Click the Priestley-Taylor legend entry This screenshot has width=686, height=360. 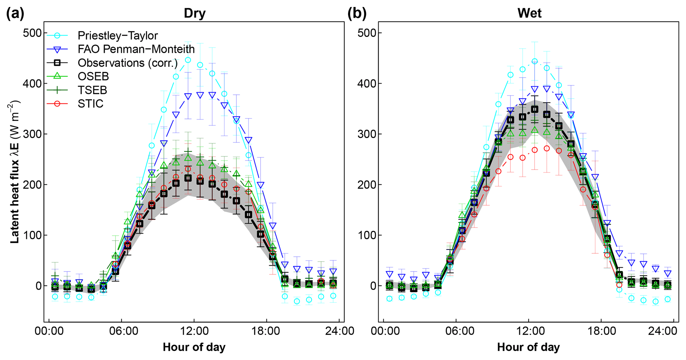click(x=117, y=36)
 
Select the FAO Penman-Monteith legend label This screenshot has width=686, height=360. click(x=136, y=49)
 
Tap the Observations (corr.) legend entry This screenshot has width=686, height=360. click(x=127, y=63)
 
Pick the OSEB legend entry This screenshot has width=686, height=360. click(x=93, y=76)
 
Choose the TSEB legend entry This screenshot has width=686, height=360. click(x=92, y=90)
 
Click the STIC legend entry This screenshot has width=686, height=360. click(x=90, y=104)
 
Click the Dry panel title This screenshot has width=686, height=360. click(x=194, y=13)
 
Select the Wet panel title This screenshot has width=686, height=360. click(x=529, y=13)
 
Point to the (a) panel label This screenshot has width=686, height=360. click(x=15, y=14)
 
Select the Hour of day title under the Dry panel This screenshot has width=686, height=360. click(x=194, y=347)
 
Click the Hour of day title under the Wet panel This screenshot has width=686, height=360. click(x=528, y=347)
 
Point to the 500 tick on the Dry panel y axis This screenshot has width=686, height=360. click(x=32, y=33)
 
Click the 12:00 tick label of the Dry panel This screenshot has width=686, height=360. click(x=194, y=331)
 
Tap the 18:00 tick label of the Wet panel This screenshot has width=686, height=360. click(x=601, y=331)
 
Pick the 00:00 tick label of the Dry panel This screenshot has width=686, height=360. click(x=49, y=331)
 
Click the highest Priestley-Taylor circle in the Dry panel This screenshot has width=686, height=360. click(x=188, y=60)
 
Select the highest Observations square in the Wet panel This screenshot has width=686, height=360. click(x=535, y=109)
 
